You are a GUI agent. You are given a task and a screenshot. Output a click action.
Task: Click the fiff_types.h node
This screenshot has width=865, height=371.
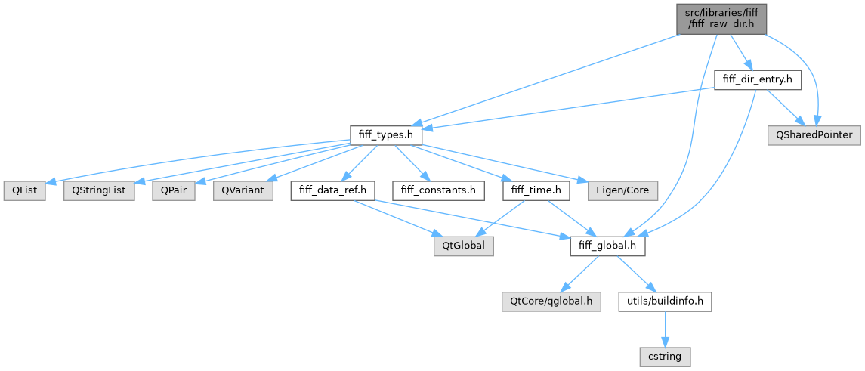click(385, 134)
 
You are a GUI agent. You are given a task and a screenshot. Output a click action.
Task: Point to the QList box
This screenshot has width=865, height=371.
click(24, 190)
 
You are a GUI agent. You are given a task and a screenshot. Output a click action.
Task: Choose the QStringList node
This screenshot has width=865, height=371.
click(100, 190)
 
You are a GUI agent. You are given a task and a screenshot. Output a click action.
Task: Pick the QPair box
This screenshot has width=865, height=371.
click(174, 190)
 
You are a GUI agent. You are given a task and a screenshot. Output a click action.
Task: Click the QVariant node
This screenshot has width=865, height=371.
click(243, 190)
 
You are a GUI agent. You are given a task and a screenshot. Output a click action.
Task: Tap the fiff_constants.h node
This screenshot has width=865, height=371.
click(437, 190)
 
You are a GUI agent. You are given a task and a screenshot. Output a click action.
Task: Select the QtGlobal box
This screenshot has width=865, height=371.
click(463, 246)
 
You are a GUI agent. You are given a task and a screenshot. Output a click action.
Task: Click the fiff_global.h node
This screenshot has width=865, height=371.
click(607, 246)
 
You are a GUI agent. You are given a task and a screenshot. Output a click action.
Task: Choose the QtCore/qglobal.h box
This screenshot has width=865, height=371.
click(551, 302)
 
